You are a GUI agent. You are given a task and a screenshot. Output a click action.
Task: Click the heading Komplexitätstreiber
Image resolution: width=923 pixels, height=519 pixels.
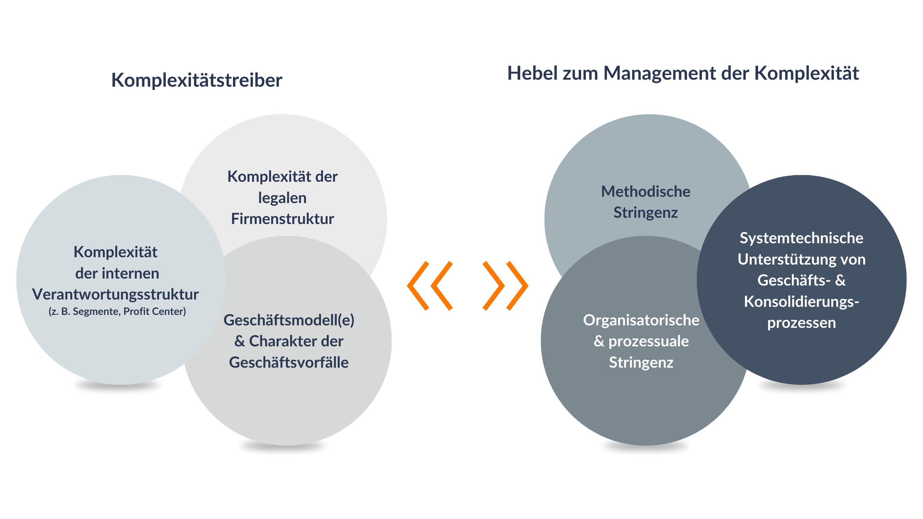(x=197, y=80)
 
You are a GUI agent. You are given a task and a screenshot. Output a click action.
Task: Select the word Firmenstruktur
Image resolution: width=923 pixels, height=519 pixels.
(x=282, y=218)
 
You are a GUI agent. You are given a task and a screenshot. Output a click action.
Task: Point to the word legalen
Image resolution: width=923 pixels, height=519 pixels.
(x=282, y=198)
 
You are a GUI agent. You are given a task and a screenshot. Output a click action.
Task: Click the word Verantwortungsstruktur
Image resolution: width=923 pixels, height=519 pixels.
(x=115, y=294)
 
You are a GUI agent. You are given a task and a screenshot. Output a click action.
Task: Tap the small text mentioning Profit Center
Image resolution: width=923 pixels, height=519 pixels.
(x=117, y=311)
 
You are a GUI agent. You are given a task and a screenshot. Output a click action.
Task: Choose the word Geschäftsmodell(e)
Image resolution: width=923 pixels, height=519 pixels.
(x=289, y=320)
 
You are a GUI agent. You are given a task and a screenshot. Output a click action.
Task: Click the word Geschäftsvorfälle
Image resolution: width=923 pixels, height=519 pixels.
(x=289, y=362)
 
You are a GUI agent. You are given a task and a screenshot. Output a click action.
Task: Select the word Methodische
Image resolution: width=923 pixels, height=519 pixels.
(x=646, y=192)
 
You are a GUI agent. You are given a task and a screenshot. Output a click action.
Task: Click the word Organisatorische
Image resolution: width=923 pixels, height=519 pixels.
(x=641, y=320)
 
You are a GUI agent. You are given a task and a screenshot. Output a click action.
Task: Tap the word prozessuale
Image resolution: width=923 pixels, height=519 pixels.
(x=649, y=341)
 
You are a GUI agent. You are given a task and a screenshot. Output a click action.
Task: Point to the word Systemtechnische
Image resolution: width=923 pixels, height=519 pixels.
(x=802, y=238)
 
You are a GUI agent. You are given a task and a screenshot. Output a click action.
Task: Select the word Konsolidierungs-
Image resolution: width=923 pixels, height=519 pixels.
(x=802, y=302)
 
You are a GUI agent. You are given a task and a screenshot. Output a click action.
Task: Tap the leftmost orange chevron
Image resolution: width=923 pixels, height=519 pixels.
(x=418, y=286)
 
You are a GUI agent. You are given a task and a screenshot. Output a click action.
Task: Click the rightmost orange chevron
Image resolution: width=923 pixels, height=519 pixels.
(x=517, y=286)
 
